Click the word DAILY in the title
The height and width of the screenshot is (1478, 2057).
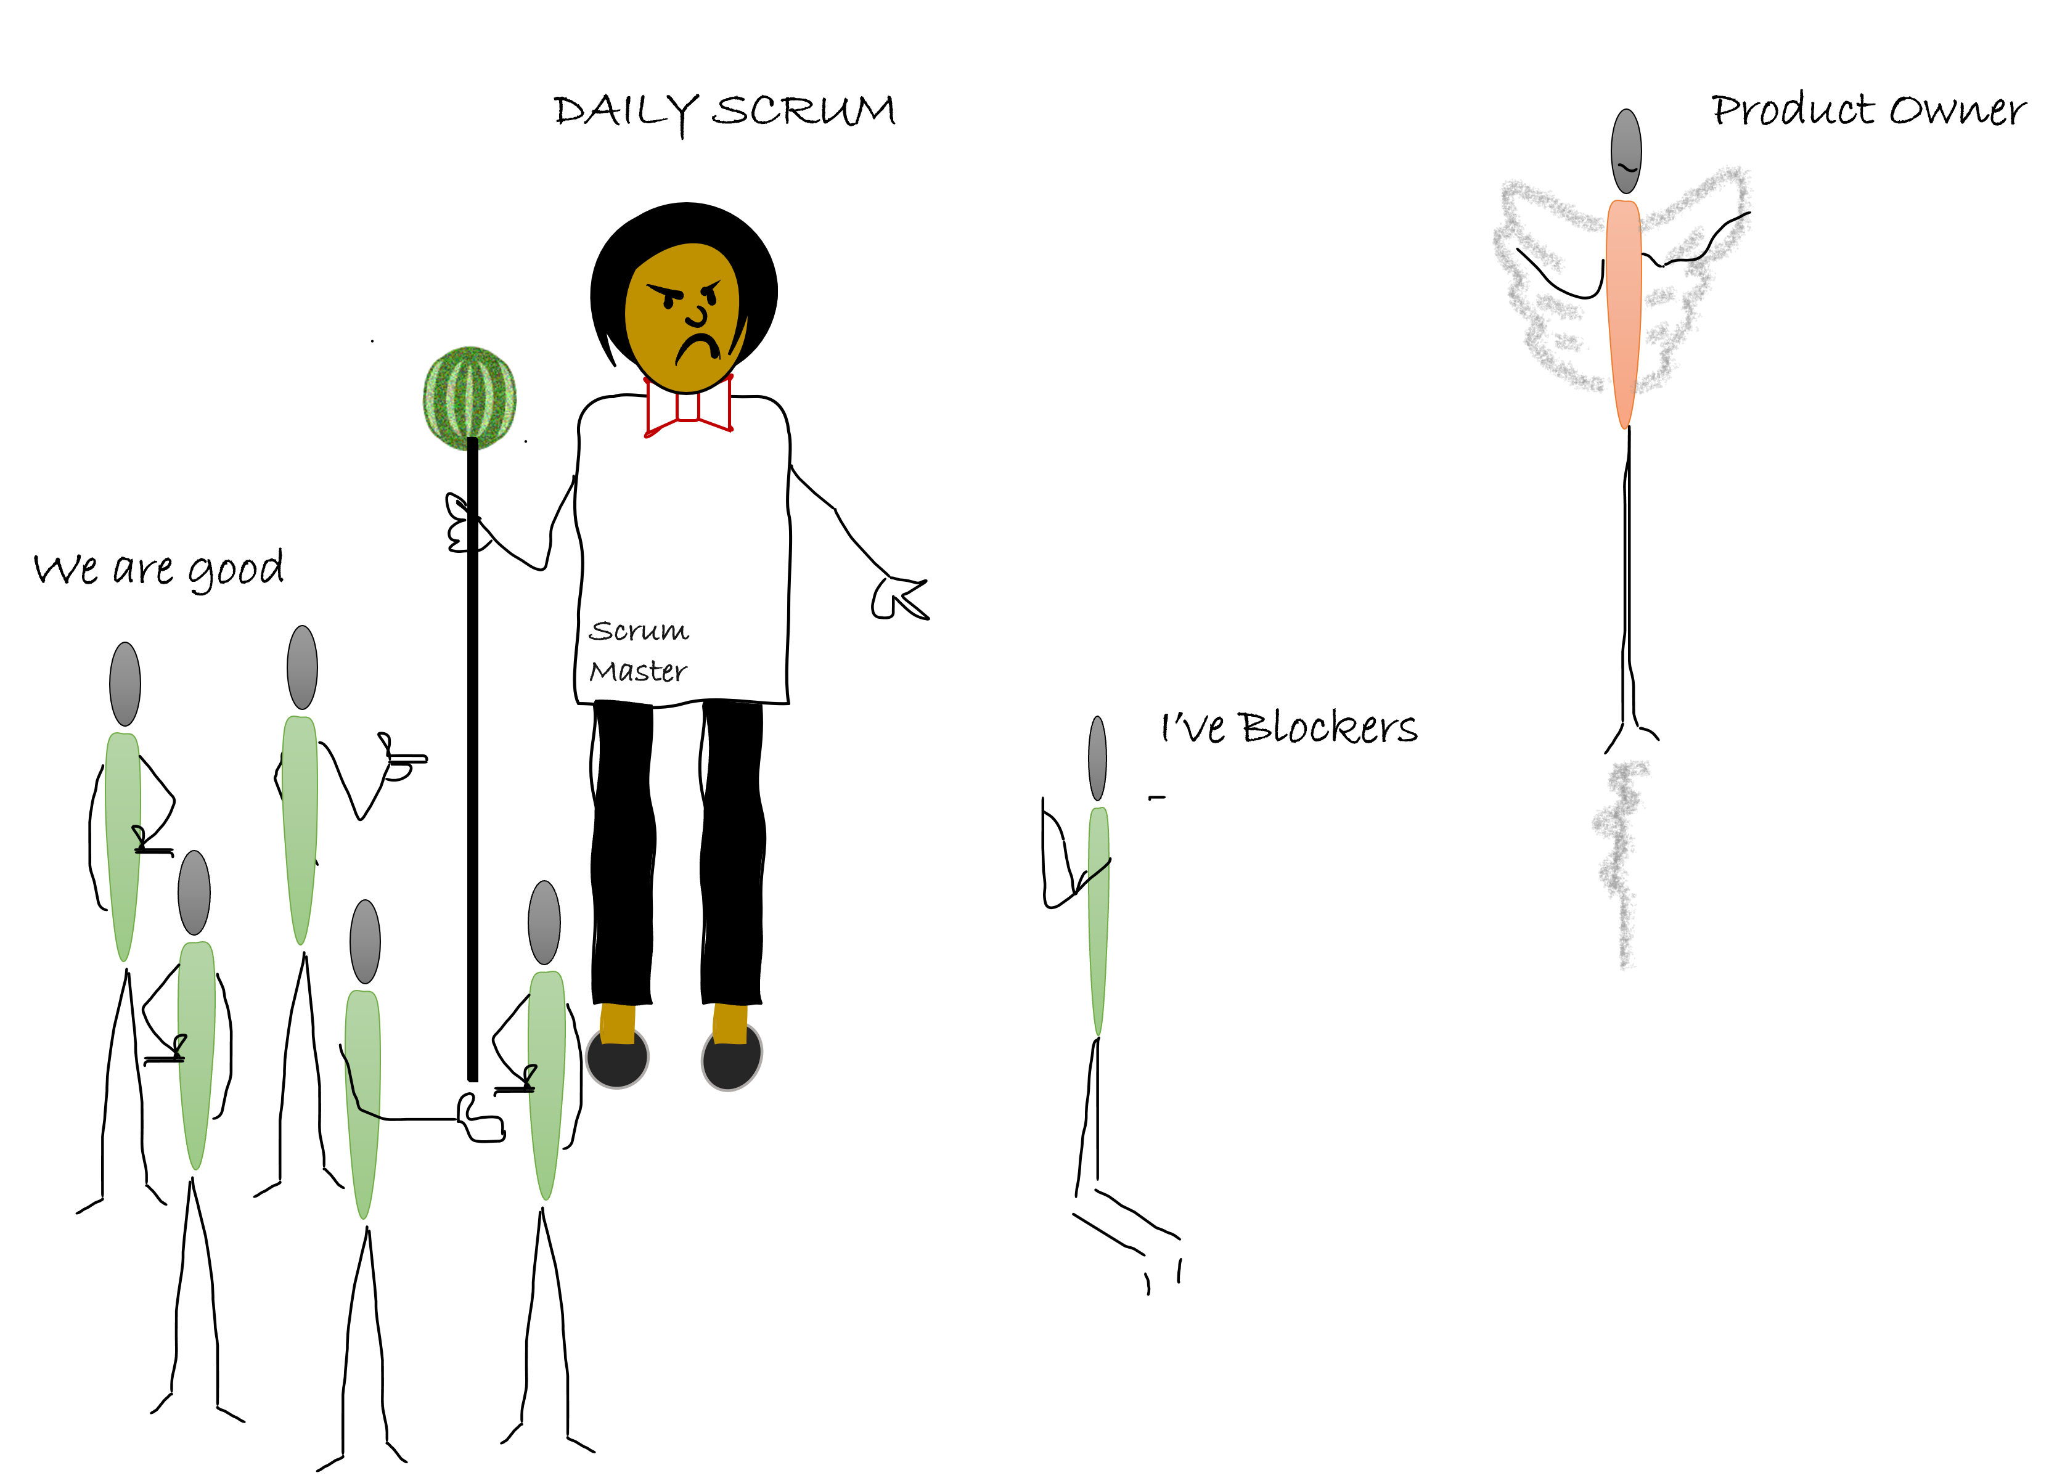pyautogui.click(x=626, y=114)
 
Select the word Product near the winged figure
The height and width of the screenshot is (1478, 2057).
pyautogui.click(x=1792, y=110)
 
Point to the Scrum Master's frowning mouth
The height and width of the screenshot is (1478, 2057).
pyautogui.click(x=697, y=348)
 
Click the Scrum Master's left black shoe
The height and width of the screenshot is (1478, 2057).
pyautogui.click(x=617, y=1056)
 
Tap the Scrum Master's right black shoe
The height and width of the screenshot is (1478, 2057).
pyautogui.click(x=732, y=1056)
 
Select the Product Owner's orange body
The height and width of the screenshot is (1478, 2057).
pyautogui.click(x=1624, y=314)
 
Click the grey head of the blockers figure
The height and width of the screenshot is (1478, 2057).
pyautogui.click(x=1097, y=758)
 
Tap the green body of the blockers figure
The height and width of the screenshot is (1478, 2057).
pyautogui.click(x=1098, y=920)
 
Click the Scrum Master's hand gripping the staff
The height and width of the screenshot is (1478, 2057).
pyautogui.click(x=464, y=523)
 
